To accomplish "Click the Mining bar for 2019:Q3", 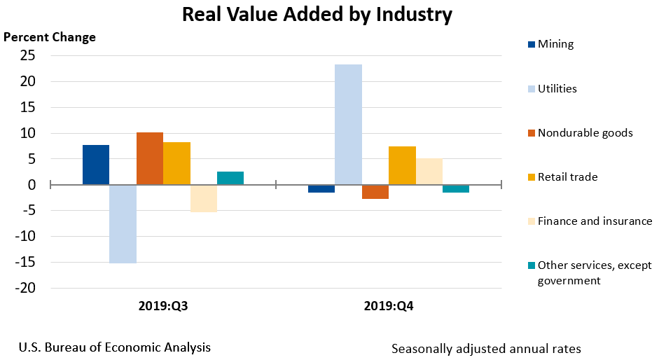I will pyautogui.click(x=96, y=165).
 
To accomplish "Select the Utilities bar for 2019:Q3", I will pyautogui.click(x=123, y=224).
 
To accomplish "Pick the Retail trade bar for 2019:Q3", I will pyautogui.click(x=176, y=164).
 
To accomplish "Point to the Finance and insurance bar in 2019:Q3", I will pyautogui.click(x=203, y=199).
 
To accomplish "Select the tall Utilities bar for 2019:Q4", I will pyautogui.click(x=348, y=125).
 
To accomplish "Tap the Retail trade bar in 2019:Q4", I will pyautogui.click(x=402, y=166).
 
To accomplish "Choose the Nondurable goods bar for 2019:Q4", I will pyautogui.click(x=375, y=192).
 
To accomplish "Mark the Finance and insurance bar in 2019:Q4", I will pyautogui.click(x=429, y=172).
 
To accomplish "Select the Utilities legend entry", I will pyautogui.click(x=557, y=88).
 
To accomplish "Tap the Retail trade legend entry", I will pyautogui.click(x=567, y=177).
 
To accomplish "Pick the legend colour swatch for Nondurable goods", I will pyautogui.click(x=532, y=133).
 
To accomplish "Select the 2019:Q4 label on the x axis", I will pyautogui.click(x=389, y=306).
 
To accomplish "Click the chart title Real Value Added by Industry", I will pyautogui.click(x=317, y=15).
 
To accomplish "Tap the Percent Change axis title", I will pyautogui.click(x=50, y=37).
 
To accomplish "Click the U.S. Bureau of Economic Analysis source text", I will pyautogui.click(x=115, y=347).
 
